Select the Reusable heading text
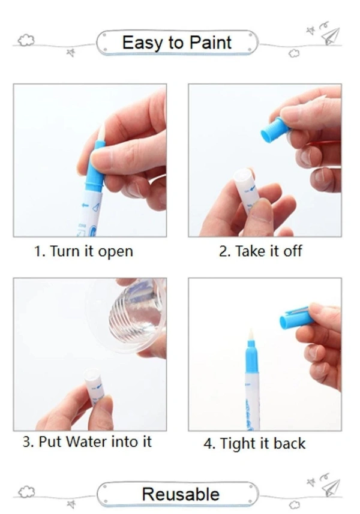pos(181,494)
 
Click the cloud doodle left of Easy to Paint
pos(26,40)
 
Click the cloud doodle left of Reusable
pos(26,492)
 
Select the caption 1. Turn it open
pos(83,251)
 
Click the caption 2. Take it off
pos(260,251)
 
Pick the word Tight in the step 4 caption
pos(238,444)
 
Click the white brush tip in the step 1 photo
pos(101,132)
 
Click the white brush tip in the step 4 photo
pos(251,335)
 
